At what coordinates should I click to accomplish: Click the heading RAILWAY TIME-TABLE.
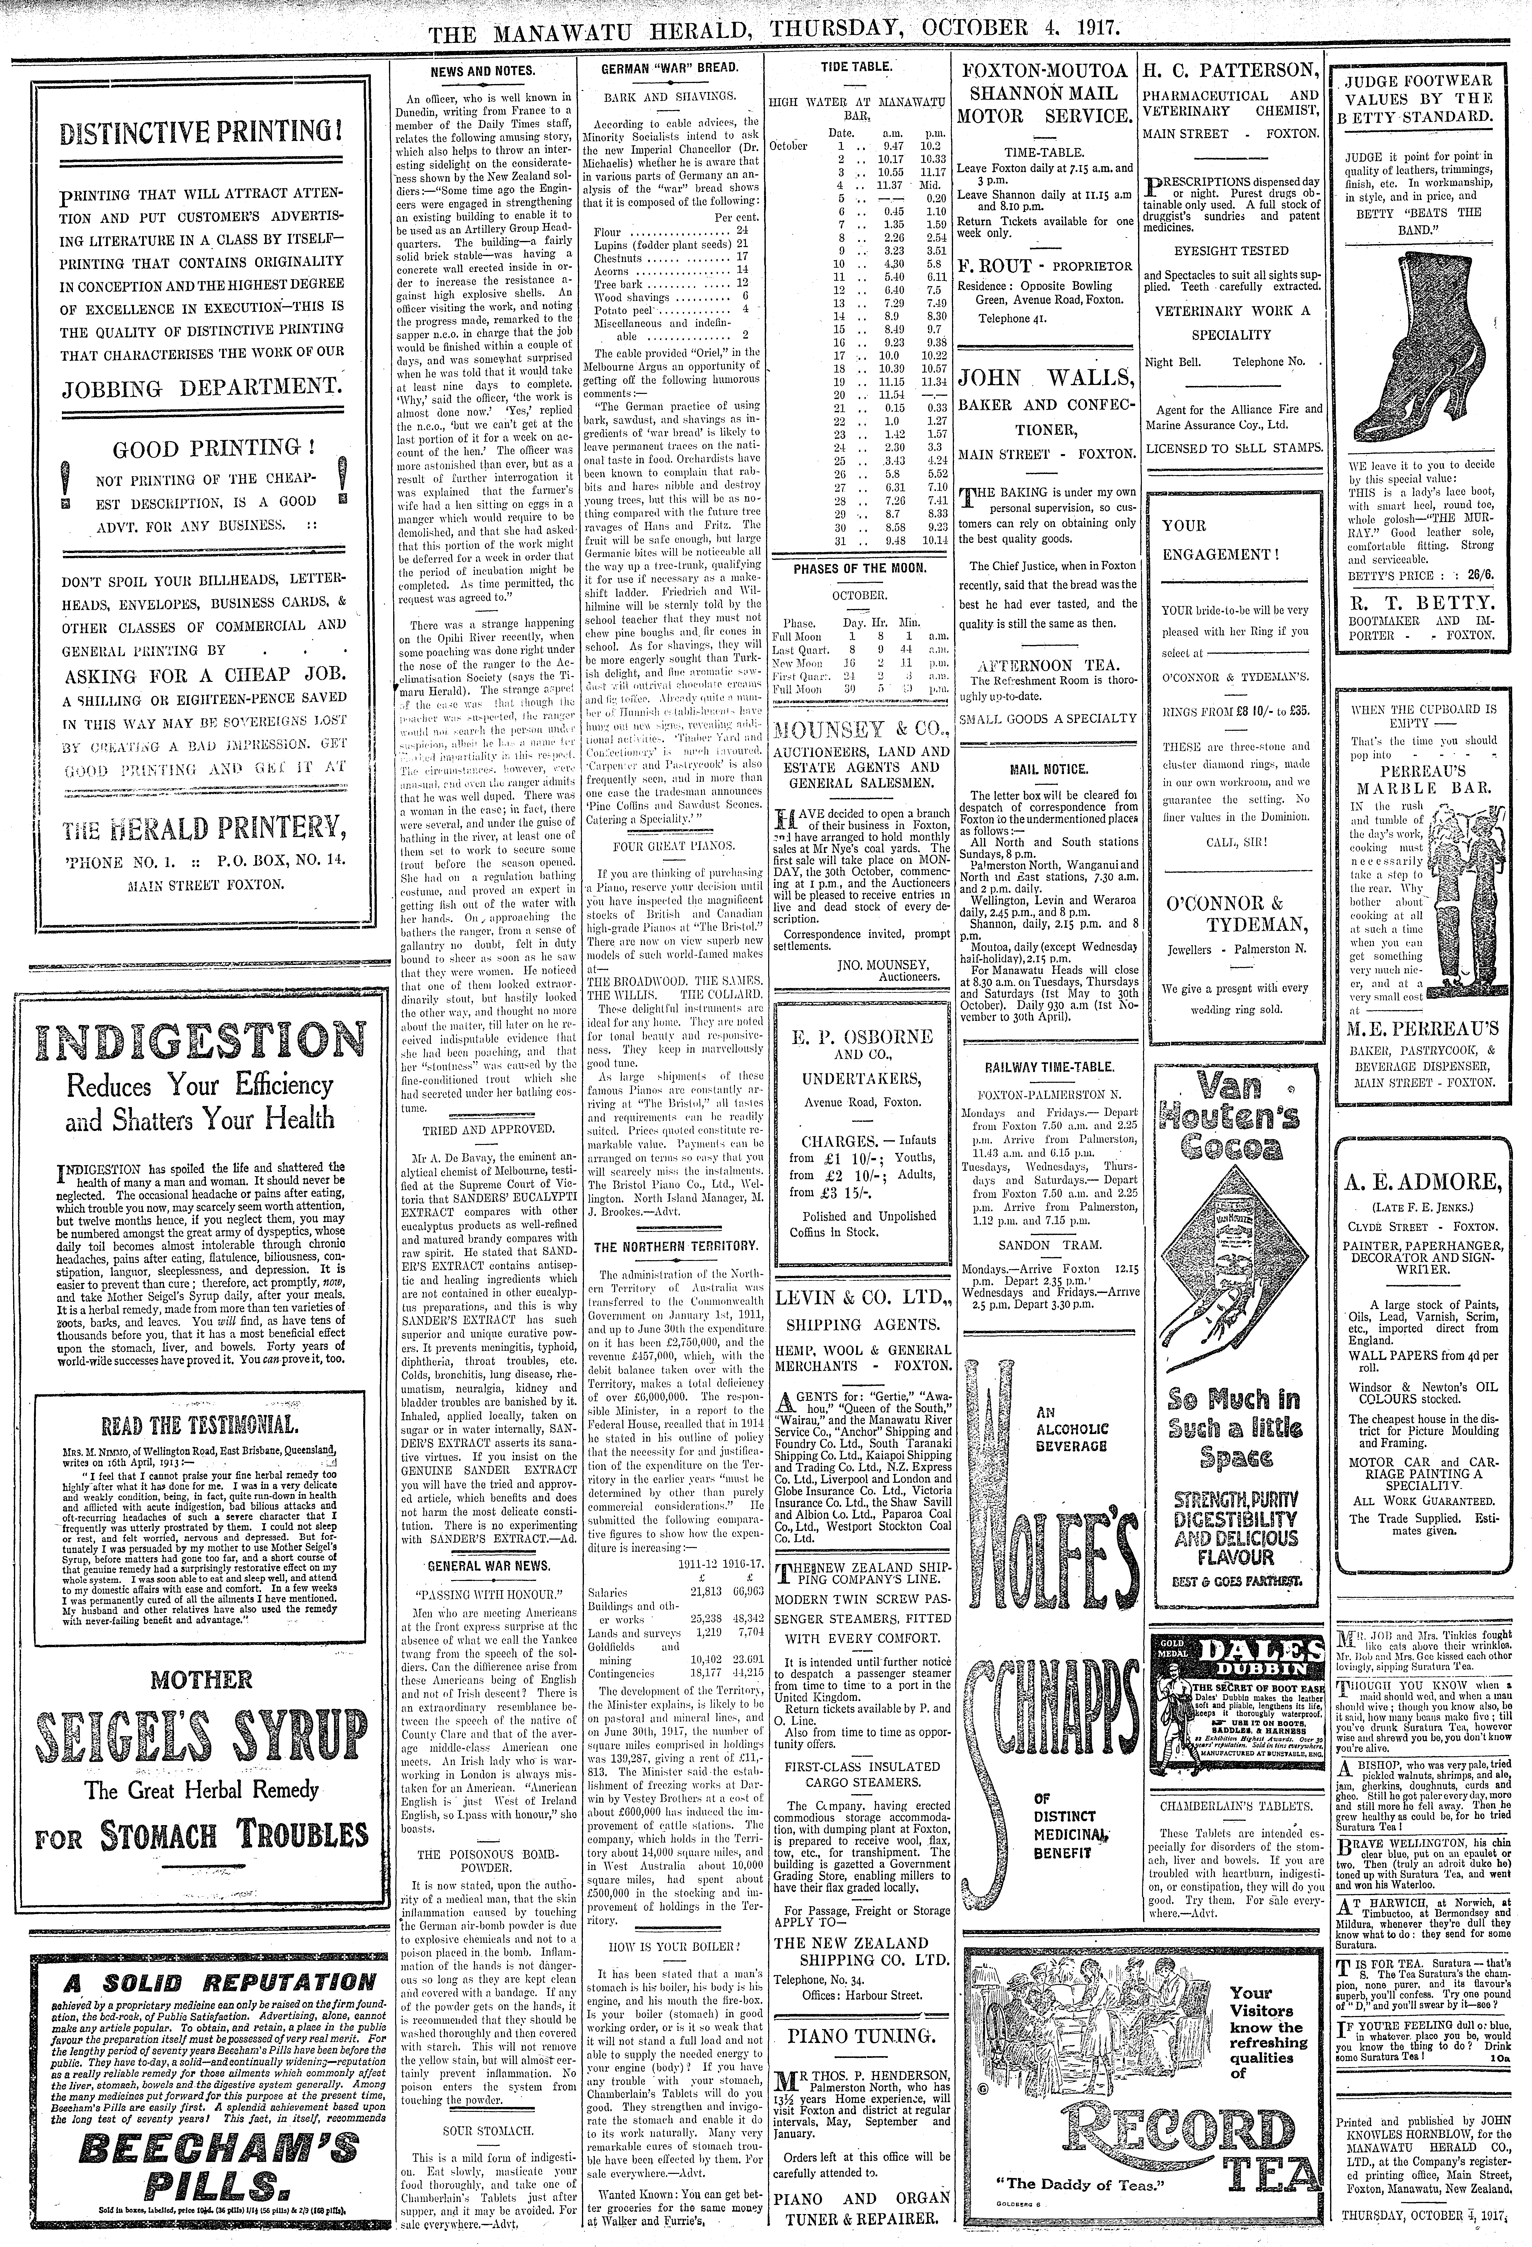(1035, 1066)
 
